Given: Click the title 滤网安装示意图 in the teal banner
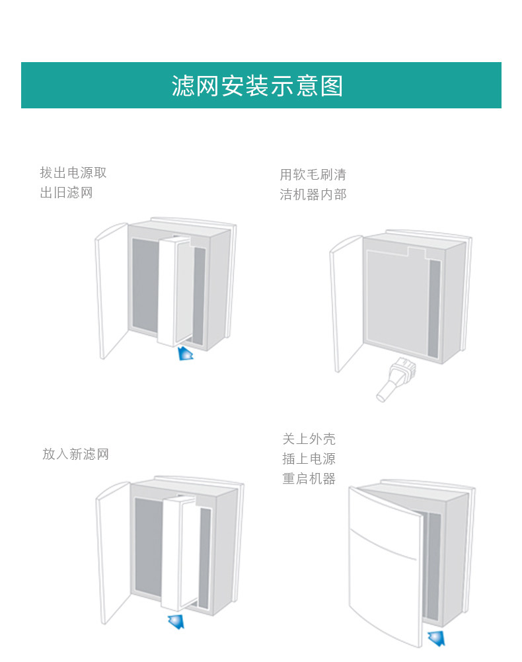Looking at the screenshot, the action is tap(257, 86).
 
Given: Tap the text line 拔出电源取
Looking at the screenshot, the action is tap(73, 173).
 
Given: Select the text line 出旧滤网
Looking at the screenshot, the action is tap(66, 193).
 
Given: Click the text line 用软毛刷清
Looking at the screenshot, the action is tap(313, 175).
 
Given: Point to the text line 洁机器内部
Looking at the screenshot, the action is tap(313, 195).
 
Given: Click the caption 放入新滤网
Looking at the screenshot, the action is tap(75, 454).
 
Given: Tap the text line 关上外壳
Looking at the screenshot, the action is tap(309, 439).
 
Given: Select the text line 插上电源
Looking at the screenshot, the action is tap(309, 459).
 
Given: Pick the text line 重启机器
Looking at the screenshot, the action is tap(309, 478).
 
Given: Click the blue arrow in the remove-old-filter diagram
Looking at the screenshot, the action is tap(186, 353).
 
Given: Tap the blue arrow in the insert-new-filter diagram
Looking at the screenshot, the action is tap(176, 621).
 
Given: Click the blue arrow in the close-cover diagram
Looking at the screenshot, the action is tap(436, 638).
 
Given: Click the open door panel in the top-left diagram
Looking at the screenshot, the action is tap(111, 291).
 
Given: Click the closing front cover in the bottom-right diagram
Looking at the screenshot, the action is tap(383, 568).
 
